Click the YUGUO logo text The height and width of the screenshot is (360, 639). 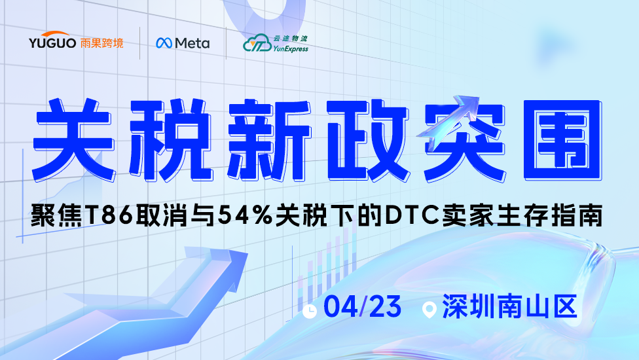pos(52,43)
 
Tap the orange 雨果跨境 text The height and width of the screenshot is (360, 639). pos(101,43)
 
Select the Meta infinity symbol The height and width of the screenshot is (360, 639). pos(164,43)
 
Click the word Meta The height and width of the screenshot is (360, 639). pos(192,43)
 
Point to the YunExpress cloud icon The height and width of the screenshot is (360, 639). pos(257,43)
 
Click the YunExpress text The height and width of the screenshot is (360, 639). pos(291,49)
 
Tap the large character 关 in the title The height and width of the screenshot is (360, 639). pos(73,139)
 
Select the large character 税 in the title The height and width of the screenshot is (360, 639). pos(170,139)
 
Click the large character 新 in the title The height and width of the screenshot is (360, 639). pos(269,139)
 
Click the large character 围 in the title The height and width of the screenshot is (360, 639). pos(563,139)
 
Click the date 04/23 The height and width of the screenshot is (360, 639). pos(363,306)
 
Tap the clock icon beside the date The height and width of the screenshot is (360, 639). pos(310,311)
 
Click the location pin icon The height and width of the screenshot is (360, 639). pos(429,310)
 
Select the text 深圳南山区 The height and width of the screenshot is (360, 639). pos(509,306)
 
